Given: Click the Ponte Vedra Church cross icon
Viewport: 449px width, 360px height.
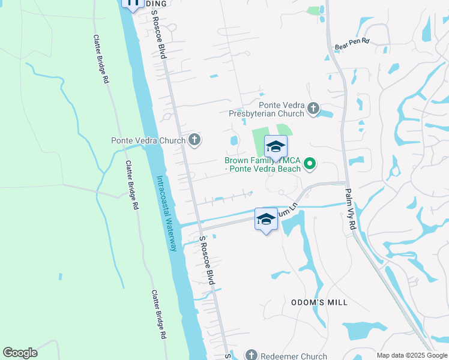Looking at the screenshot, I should click(x=194, y=140).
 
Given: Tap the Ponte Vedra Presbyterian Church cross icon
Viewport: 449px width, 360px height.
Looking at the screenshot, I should click(x=313, y=109).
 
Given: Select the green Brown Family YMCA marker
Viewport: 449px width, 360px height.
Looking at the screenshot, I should click(x=310, y=163).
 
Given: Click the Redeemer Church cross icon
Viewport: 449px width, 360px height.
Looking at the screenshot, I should click(x=252, y=356).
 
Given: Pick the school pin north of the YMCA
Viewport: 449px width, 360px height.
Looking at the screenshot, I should click(x=276, y=147).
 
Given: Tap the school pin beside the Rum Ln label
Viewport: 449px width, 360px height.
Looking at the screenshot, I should click(x=266, y=219).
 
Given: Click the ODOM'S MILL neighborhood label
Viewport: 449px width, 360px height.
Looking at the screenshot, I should click(x=319, y=302).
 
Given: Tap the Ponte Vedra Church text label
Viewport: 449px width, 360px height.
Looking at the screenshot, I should click(x=148, y=141).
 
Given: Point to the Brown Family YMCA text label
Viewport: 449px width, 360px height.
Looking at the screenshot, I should click(x=262, y=164).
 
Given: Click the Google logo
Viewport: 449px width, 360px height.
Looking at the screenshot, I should click(x=20, y=353).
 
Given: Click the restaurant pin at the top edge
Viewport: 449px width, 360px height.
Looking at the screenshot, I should click(x=131, y=4).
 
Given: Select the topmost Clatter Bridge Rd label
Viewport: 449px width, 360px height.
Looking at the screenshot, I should click(x=100, y=58).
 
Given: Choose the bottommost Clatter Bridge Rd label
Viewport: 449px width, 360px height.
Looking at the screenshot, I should click(x=158, y=315).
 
